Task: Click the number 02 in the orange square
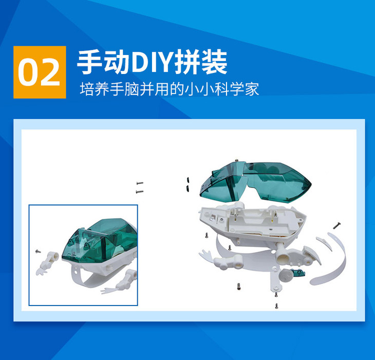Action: [x=39, y=73]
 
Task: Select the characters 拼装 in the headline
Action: [x=201, y=62]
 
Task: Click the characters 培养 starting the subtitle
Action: [x=94, y=89]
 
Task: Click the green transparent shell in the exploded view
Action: [x=255, y=182]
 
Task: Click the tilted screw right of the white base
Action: [x=337, y=225]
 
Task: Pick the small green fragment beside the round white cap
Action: [x=298, y=273]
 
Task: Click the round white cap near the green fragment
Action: [x=286, y=275]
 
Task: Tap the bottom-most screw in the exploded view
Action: [x=277, y=306]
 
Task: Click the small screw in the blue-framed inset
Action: [x=38, y=251]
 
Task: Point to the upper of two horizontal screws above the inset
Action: [x=140, y=183]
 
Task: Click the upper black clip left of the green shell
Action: [x=188, y=180]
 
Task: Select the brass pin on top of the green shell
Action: [x=236, y=160]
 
